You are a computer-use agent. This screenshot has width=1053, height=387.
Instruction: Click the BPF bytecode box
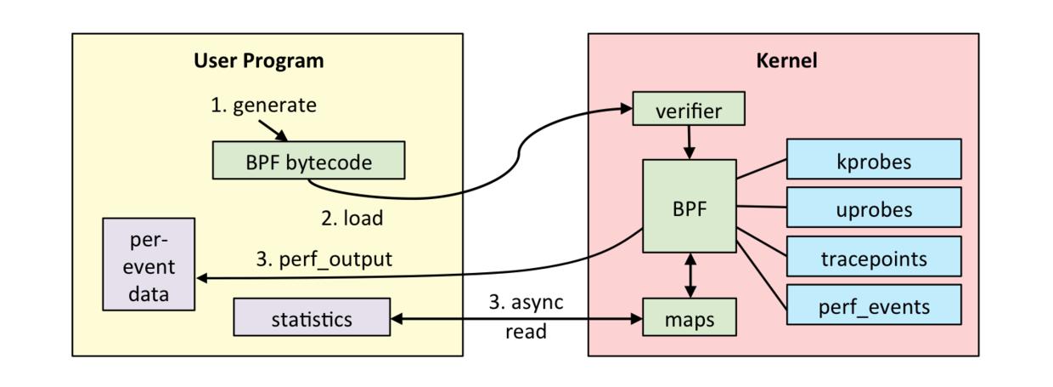[x=308, y=162]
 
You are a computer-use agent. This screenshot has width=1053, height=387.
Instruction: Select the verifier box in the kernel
[x=689, y=111]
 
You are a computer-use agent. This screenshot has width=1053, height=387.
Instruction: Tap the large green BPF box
[x=689, y=206]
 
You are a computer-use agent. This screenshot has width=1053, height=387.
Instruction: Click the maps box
[x=689, y=319]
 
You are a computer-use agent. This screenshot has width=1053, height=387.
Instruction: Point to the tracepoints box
[x=874, y=257]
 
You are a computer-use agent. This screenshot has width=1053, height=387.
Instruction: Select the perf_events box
[x=874, y=305]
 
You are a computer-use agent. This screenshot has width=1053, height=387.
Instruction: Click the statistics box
[x=312, y=318]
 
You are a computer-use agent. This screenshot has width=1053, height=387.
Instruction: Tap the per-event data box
[x=149, y=264]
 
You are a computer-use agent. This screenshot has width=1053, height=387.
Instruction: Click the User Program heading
[x=258, y=61]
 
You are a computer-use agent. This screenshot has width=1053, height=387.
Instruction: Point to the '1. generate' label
[x=263, y=105]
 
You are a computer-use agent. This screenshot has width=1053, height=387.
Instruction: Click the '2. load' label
[x=352, y=218]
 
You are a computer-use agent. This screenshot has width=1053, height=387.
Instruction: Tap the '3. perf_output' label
[x=324, y=259]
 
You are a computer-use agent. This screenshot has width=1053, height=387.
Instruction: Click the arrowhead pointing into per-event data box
[x=202, y=278]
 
